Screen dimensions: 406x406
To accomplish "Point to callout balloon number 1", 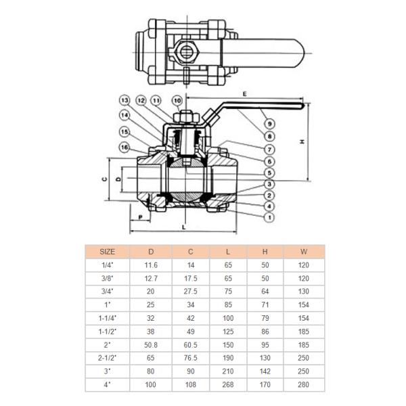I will pos(269,217).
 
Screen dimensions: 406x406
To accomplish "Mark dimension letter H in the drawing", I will pos(302,141).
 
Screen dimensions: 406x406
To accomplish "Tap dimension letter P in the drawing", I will pos(139,218).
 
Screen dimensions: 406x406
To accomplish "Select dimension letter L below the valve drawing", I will pos(183,228).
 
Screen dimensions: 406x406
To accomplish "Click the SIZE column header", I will pos(108,251).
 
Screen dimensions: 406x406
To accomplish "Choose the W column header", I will pos(304,251).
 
